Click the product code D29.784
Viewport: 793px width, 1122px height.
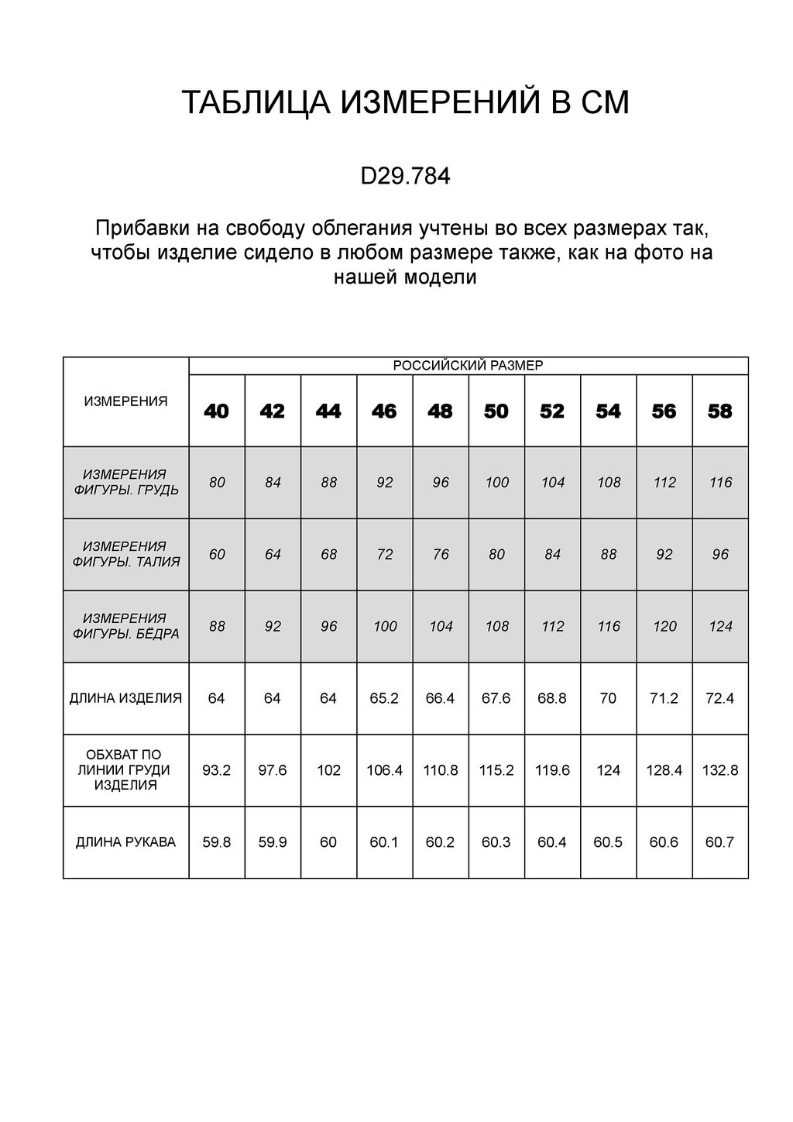coord(405,177)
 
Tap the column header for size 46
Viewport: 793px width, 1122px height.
coord(384,411)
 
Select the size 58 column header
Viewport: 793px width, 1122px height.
coord(720,411)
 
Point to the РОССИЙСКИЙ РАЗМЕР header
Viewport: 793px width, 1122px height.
coord(468,366)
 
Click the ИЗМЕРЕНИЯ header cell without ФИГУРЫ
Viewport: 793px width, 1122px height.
coord(125,401)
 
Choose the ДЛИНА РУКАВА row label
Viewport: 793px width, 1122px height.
coord(125,842)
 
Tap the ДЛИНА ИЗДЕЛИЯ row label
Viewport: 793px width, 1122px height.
coord(125,698)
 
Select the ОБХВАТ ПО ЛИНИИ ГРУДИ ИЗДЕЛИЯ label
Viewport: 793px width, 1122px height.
coord(125,769)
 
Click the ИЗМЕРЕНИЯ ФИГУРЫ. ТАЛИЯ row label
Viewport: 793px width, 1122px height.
coord(125,554)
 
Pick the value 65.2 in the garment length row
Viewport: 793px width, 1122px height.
coord(384,698)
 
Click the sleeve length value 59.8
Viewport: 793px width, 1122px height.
coord(217,842)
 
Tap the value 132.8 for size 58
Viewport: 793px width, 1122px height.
coord(720,770)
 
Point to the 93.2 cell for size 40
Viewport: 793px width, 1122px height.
coord(217,770)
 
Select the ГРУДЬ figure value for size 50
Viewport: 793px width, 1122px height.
coord(496,483)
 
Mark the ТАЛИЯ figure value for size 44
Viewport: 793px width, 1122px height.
coord(328,555)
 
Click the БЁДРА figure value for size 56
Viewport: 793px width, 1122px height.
coord(664,627)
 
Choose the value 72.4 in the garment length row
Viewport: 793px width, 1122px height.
coord(720,698)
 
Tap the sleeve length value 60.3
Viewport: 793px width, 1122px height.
coord(496,842)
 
